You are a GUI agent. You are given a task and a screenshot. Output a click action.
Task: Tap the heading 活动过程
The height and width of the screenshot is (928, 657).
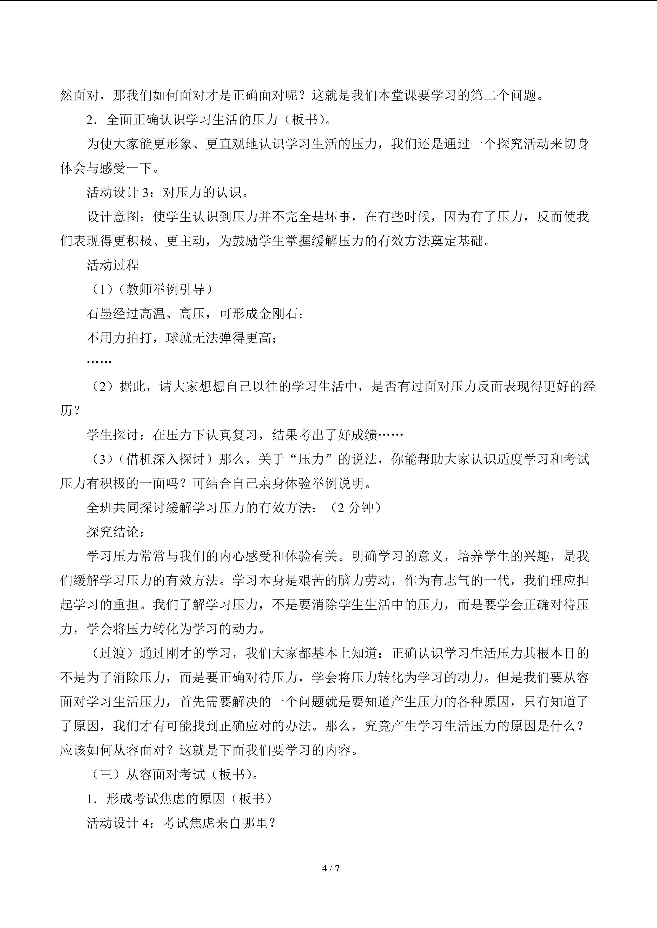(113, 265)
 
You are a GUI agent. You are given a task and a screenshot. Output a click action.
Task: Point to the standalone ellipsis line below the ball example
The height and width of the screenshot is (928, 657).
(99, 361)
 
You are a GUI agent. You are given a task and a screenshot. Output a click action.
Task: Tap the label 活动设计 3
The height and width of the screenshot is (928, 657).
(118, 192)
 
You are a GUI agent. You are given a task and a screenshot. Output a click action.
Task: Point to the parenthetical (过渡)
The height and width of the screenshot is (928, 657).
(113, 653)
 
